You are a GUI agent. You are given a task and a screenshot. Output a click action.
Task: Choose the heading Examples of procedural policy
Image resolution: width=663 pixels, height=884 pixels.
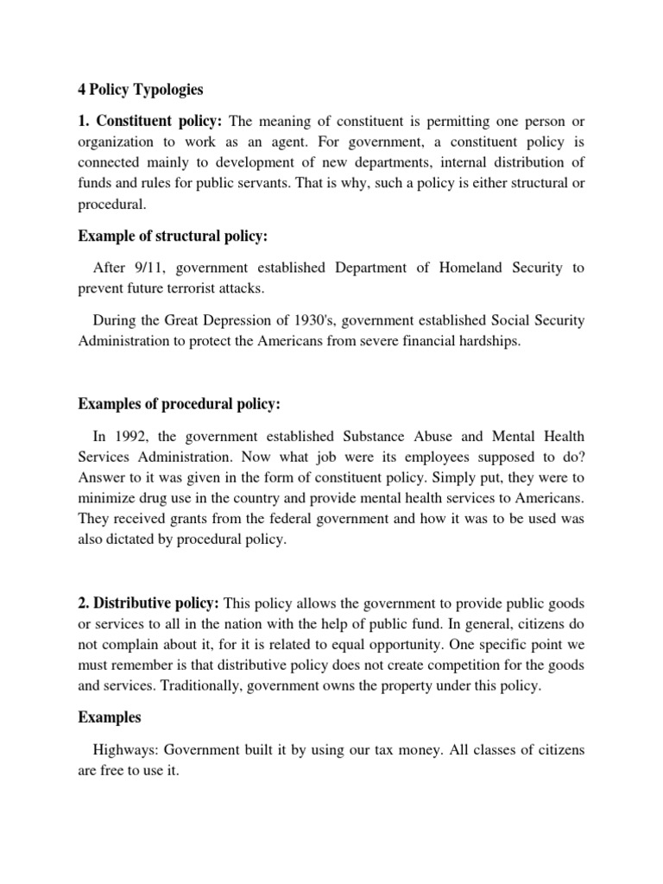click(180, 403)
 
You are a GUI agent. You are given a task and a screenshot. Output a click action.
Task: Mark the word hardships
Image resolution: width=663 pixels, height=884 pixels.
click(489, 340)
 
